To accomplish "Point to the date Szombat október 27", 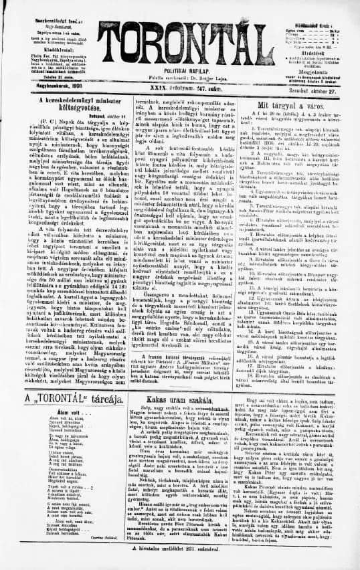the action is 324,84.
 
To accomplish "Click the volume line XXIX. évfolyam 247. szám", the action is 179,84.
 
